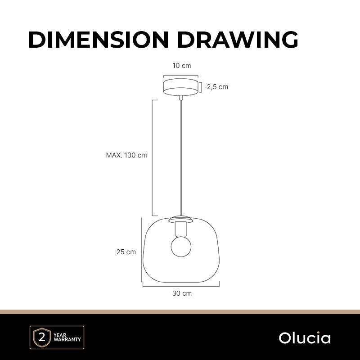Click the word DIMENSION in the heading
(99, 40)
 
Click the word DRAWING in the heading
(238, 40)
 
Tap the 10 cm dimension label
(182, 66)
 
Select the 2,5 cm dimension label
(217, 87)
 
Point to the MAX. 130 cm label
(126, 155)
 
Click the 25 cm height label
(126, 252)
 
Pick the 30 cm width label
(182, 293)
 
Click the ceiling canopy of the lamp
(181, 87)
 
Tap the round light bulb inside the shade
(181, 247)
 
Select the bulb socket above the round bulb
(181, 229)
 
